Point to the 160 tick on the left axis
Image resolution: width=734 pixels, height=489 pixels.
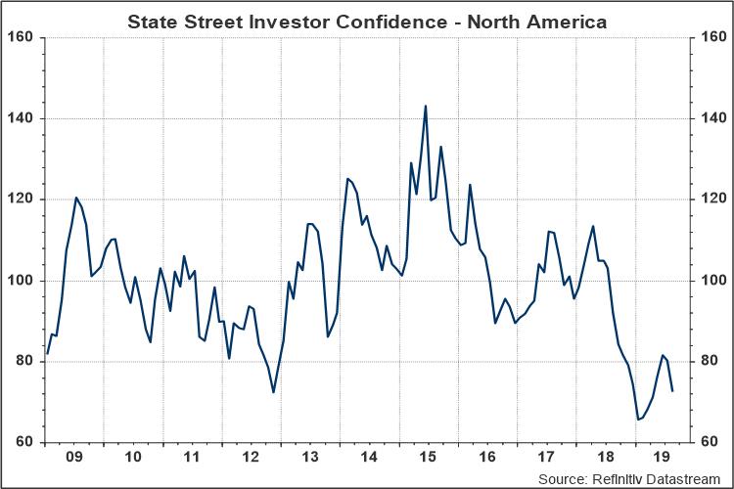coord(23,37)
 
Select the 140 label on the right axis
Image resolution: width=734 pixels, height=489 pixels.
coord(711,118)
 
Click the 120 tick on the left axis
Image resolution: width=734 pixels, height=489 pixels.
coord(23,200)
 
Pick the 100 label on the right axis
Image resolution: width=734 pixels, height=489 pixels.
coord(711,281)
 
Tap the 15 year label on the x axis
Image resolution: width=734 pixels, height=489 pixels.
coord(427,457)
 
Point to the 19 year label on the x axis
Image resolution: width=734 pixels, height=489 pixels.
coord(663,457)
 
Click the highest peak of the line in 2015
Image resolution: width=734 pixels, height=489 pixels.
coord(426,106)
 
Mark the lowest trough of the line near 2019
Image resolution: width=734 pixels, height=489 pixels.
coord(638,420)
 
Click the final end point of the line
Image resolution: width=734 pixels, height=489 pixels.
coord(672,391)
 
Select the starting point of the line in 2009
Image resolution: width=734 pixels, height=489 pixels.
coord(46,354)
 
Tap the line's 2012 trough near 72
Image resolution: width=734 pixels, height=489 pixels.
coord(274,392)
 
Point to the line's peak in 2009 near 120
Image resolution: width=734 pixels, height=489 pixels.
coord(76,198)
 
